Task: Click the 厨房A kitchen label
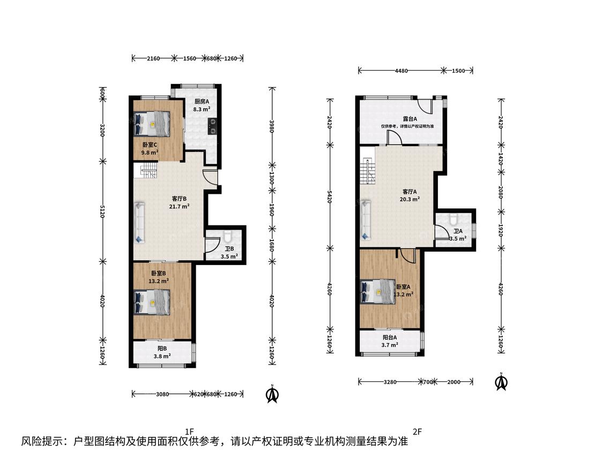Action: pos(202,101)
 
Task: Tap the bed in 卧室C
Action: pos(152,123)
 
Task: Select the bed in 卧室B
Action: pos(152,302)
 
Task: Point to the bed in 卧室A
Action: pos(378,292)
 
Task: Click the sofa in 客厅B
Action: pos(139,223)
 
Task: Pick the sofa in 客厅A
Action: pos(366,220)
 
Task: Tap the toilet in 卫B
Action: pos(227,236)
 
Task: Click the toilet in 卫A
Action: pos(453,219)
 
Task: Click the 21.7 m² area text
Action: pos(179,206)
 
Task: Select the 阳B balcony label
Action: pos(162,349)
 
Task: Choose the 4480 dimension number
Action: pos(401,71)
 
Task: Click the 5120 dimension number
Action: pos(102,211)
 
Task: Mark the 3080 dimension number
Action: pos(162,394)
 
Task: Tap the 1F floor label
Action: pos(189,431)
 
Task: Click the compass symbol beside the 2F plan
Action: pos(501,382)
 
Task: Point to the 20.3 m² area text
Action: pos(410,199)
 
